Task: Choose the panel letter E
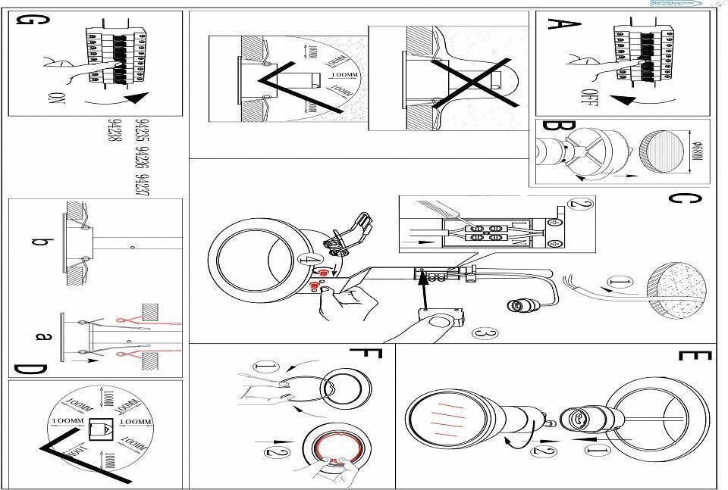coord(692,359)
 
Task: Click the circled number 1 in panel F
coord(266,367)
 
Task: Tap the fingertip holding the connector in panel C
coord(435,323)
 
